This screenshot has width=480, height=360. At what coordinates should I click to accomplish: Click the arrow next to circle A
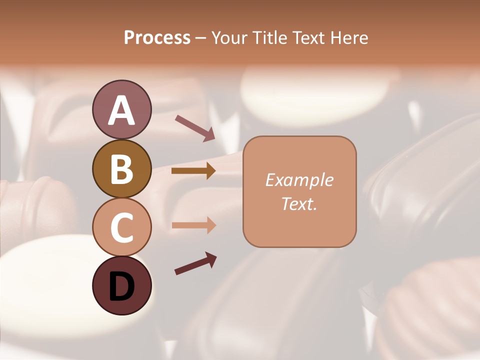[195, 127]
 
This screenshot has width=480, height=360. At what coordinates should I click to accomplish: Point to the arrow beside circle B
[193, 171]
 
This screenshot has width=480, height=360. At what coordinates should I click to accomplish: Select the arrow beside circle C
[193, 225]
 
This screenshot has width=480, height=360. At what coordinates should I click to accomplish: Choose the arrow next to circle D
[195, 263]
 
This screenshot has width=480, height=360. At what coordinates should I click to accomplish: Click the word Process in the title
[157, 37]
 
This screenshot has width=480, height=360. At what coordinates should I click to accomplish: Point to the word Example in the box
[299, 180]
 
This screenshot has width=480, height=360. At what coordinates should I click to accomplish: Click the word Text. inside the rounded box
[299, 203]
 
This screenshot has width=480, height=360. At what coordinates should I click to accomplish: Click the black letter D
[121, 286]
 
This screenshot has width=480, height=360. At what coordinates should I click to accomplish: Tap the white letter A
[121, 110]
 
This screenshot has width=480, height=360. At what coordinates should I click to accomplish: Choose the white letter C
[121, 227]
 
